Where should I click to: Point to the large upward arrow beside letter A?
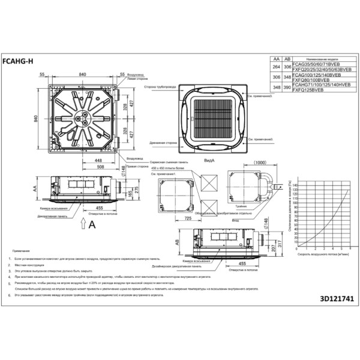(82, 224)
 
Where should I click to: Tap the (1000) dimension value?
(260, 163)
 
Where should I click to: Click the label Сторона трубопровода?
(159, 86)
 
